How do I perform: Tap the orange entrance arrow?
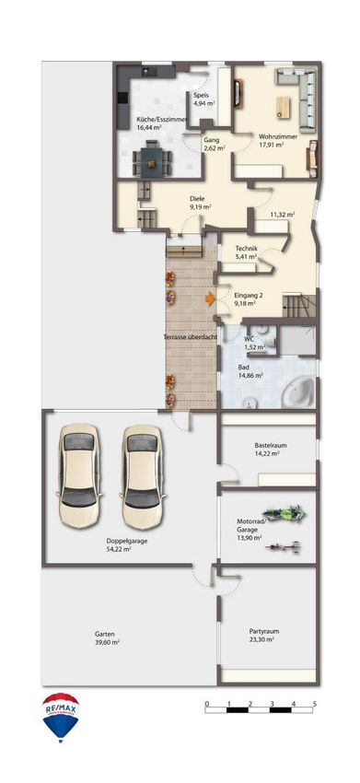[x=210, y=298]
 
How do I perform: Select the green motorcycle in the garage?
[x=283, y=512]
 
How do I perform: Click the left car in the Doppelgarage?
[x=79, y=476]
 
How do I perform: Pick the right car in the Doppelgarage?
[x=143, y=476]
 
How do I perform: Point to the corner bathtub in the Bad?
[x=298, y=391]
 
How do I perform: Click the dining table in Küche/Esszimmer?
[x=152, y=159]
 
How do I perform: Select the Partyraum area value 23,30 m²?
[x=262, y=638]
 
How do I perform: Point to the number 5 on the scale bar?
[x=315, y=703]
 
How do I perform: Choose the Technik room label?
[x=246, y=249]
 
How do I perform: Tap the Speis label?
[x=202, y=96]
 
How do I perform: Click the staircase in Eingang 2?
[x=299, y=306]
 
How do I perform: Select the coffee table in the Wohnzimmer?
[x=284, y=107]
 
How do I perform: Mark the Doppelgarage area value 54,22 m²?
[x=119, y=549]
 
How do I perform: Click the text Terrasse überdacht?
[x=191, y=337]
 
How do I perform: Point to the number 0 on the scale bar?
[x=207, y=703]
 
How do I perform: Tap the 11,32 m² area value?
[x=282, y=215]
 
